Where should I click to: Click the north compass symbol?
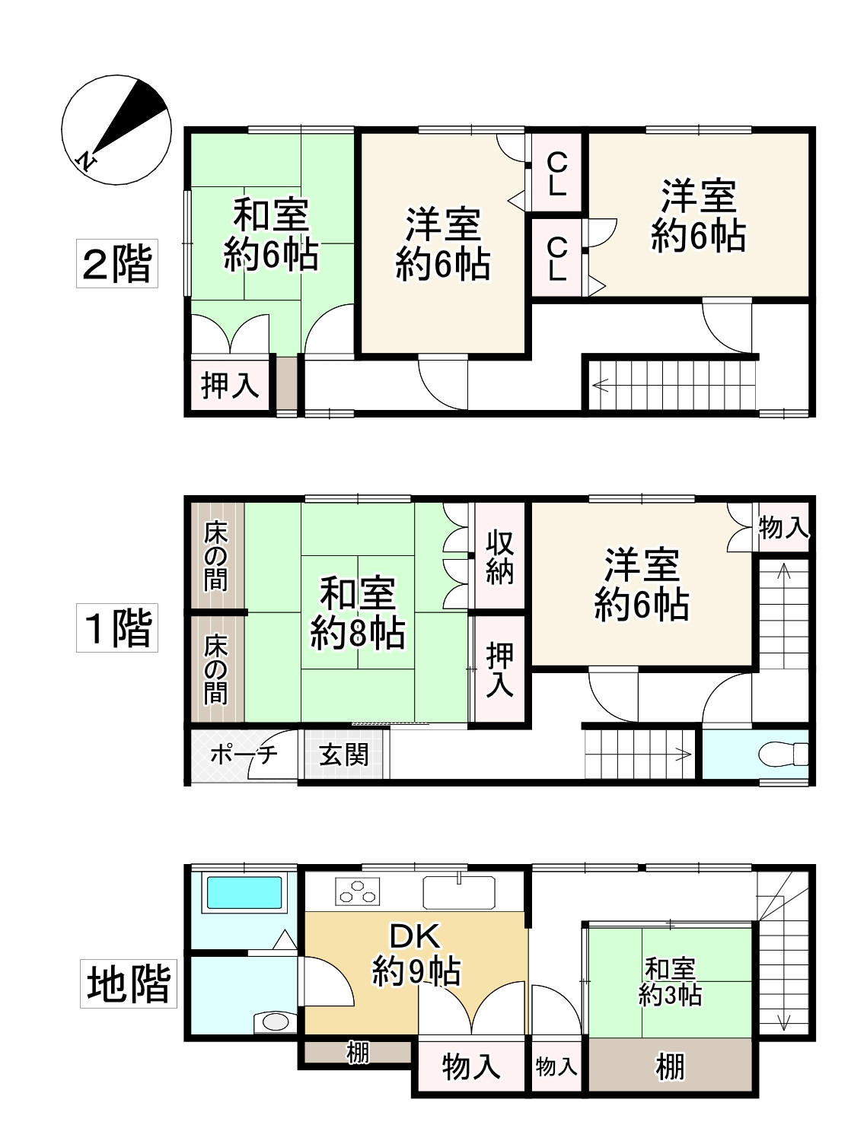point(116,129)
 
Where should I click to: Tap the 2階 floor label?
point(116,263)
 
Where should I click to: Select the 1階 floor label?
point(116,628)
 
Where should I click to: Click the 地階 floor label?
point(128,983)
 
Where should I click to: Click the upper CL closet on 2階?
point(556,173)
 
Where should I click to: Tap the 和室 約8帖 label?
point(357,612)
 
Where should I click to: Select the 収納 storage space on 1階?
point(499,557)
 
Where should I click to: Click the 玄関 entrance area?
point(344,755)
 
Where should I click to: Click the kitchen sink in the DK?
point(460,891)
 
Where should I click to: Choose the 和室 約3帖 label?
point(670,981)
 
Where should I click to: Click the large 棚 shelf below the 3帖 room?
point(670,1066)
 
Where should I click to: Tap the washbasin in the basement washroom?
point(270,1021)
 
